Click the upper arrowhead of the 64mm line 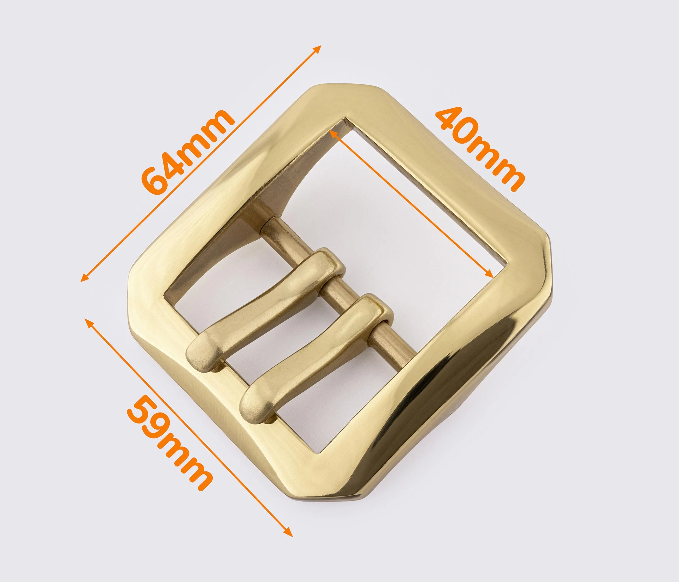pyautogui.click(x=317, y=49)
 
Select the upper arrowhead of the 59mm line pyautogui.click(x=89, y=323)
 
